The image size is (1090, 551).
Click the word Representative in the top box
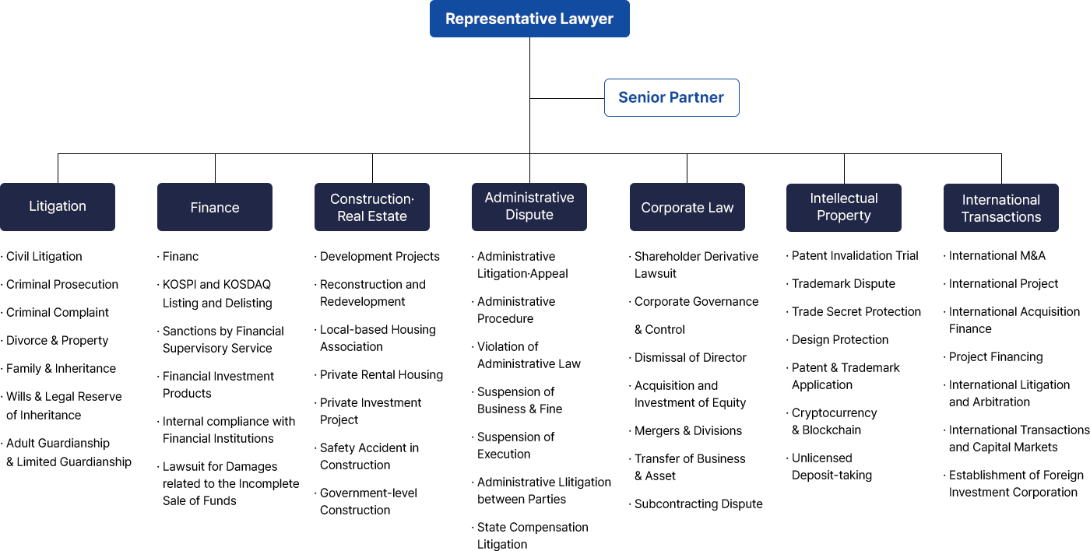494,19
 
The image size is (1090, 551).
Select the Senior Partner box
671,98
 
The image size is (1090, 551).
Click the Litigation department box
58,207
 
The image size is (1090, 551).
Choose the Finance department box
215,208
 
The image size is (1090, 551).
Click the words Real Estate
372,216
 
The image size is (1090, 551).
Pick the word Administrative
529,198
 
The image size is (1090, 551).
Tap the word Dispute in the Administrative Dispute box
529,215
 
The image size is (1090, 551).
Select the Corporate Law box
687,208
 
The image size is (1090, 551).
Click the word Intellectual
844,198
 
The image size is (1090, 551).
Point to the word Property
844,216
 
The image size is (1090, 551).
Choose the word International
1001,200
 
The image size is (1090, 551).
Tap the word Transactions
1001,217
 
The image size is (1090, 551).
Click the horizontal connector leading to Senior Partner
567,98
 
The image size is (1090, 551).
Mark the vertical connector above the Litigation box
58,168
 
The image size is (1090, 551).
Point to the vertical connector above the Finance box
215,168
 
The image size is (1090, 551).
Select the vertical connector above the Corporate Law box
687,168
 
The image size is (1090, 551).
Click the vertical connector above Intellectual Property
844,168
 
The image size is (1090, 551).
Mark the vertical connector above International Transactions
1001,168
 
